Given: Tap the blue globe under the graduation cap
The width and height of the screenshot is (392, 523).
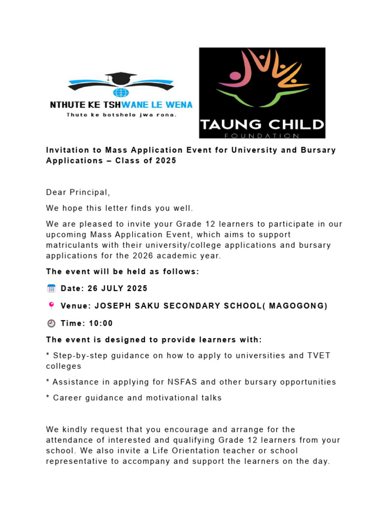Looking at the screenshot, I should coord(121,92).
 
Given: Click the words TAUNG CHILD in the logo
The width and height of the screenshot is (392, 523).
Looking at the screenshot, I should coord(262,124).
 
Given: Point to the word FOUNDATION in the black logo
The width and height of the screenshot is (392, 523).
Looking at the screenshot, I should coord(262,135).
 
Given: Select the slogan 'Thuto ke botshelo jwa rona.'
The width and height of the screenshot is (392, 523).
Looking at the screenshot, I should coord(121,115).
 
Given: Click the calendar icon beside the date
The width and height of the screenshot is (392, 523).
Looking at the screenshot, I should coord(51,289).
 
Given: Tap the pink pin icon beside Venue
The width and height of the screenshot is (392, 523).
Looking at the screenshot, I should coord(51,306).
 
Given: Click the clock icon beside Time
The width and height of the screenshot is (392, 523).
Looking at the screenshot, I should coord(51,323).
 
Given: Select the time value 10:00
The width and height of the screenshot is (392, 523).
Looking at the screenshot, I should coord(102,323).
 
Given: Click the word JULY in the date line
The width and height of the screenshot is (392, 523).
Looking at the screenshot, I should coord(114,289).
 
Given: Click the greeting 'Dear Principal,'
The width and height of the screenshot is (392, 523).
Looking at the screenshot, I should coord(78,193).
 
